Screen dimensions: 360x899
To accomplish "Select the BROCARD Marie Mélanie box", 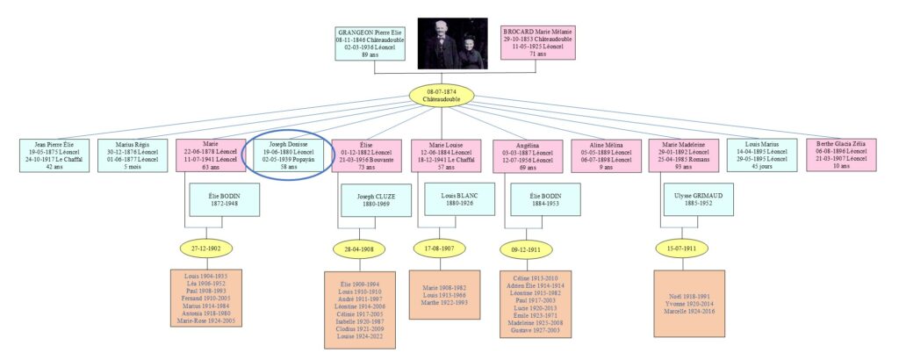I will (x=537, y=41).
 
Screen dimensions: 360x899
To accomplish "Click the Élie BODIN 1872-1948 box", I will (x=226, y=199).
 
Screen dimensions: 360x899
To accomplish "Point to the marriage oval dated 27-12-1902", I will (x=206, y=248).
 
